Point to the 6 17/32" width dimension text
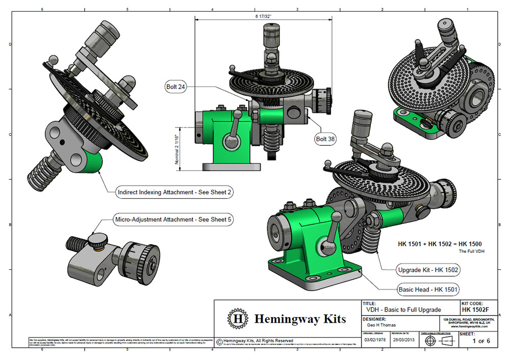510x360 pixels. click(264, 16)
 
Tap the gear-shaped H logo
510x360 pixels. click(237, 319)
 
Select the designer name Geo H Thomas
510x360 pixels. click(382, 324)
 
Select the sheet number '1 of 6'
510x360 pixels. click(481, 341)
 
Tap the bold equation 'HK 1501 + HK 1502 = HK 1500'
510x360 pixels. click(440, 244)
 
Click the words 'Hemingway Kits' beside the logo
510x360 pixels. click(300, 319)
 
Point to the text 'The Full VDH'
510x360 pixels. click(470, 252)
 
